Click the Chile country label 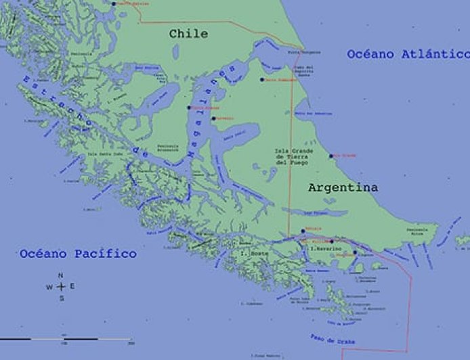(x=188, y=34)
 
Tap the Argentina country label (x=343, y=187)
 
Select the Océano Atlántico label (x=408, y=54)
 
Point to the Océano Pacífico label (x=78, y=254)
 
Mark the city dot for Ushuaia (x=303, y=231)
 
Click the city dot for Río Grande (x=333, y=156)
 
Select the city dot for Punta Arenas (x=190, y=107)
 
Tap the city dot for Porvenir (x=213, y=118)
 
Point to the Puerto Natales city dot (x=114, y=3)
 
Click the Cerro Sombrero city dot (x=262, y=79)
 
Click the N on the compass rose (x=60, y=275)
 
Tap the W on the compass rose (x=49, y=287)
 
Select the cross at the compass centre (x=60, y=287)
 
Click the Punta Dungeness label (x=301, y=51)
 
